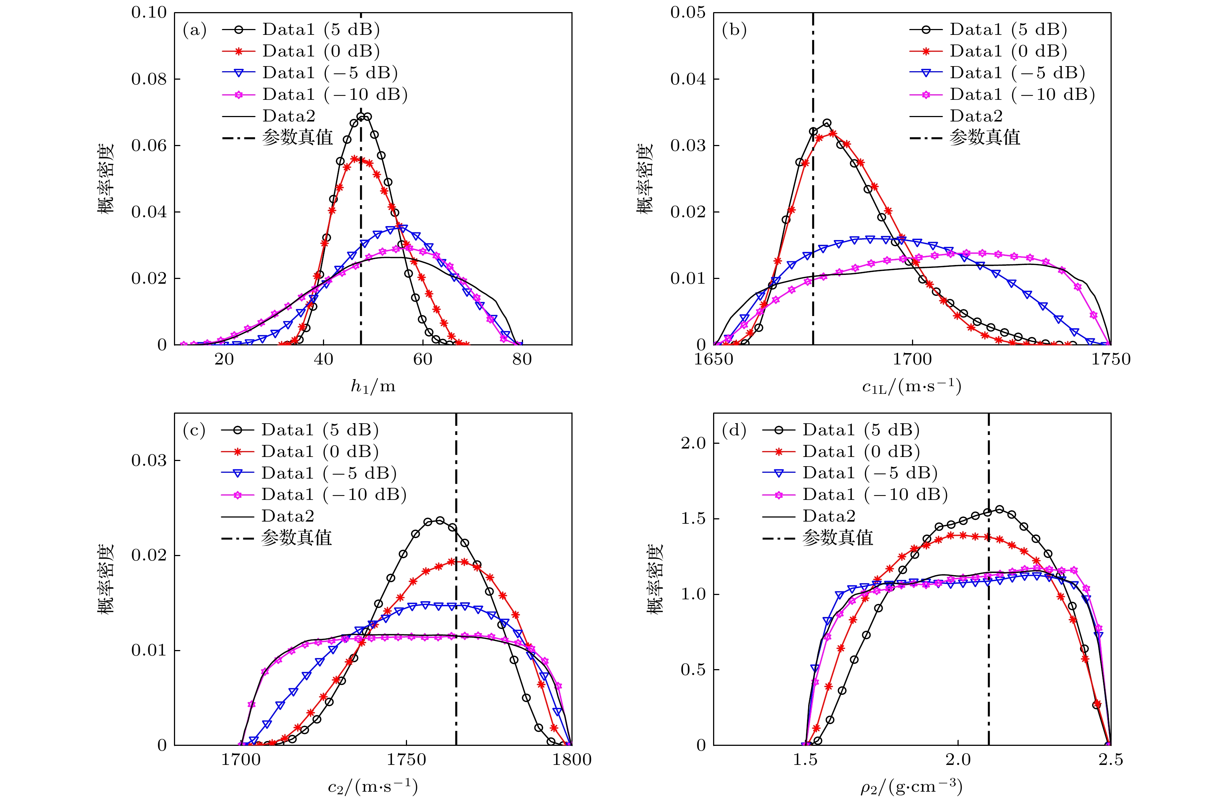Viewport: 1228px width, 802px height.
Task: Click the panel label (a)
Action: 195,30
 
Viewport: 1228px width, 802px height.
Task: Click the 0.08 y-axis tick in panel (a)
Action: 149,79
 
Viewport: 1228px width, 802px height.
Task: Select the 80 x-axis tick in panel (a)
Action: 522,359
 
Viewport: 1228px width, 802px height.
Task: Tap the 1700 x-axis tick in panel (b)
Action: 912,359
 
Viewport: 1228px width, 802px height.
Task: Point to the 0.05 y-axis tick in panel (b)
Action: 688,12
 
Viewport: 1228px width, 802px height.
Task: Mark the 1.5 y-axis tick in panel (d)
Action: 693,519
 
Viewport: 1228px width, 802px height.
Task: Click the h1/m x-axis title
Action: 373,387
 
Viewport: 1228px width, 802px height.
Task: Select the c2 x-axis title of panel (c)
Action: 373,787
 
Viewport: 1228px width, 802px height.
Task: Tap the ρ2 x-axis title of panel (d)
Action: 912,787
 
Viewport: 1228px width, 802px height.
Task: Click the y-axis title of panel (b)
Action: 644,178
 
